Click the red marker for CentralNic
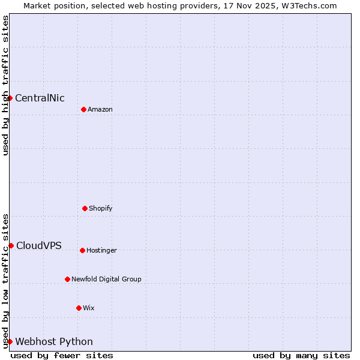[x=10, y=98]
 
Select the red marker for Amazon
[x=83, y=109]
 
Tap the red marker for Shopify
[x=85, y=208]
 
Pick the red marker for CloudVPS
[x=11, y=245]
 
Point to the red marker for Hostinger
[x=82, y=250]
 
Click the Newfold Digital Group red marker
[x=67, y=279]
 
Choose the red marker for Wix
[x=79, y=308]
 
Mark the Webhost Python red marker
[x=10, y=341]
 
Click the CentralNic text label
[x=40, y=98]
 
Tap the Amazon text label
[x=100, y=110]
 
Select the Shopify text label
[x=101, y=209]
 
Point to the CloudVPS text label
[x=39, y=245]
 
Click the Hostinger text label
[x=101, y=251]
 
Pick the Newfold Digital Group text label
[x=106, y=280]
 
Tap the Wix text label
[x=89, y=308]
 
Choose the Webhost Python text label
[x=54, y=342]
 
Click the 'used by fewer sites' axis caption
[x=62, y=356]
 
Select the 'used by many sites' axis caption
[x=301, y=356]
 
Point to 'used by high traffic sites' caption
[x=5, y=85]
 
